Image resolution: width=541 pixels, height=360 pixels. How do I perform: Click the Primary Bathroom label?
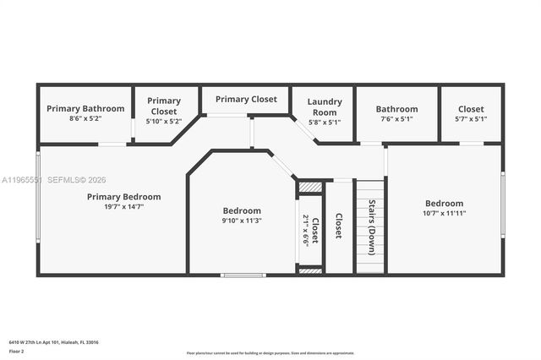tap(85, 108)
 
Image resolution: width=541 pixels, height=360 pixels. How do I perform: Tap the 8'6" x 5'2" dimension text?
tap(85, 119)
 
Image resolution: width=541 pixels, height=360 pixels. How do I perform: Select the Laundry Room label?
tap(325, 106)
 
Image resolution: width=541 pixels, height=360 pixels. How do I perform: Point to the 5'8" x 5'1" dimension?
tap(325, 123)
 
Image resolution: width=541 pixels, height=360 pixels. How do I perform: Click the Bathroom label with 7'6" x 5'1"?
tap(396, 109)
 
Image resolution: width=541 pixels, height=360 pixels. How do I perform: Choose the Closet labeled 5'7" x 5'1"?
tap(471, 109)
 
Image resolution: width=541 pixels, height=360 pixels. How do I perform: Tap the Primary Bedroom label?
tap(123, 197)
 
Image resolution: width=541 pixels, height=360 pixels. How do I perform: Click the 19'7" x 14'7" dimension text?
tap(123, 207)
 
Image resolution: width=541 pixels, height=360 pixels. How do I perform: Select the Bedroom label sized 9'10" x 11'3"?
tap(242, 210)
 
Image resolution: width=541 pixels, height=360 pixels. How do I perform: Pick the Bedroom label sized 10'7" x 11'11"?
tap(444, 203)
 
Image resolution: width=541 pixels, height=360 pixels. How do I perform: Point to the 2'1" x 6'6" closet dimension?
tap(306, 229)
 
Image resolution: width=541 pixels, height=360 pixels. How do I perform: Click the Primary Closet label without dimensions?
tap(246, 100)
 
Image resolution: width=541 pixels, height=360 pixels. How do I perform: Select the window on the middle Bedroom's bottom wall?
tap(243, 275)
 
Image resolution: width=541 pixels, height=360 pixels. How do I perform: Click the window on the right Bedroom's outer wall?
tap(503, 204)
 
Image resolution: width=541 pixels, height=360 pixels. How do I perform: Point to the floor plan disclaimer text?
tap(270, 352)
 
